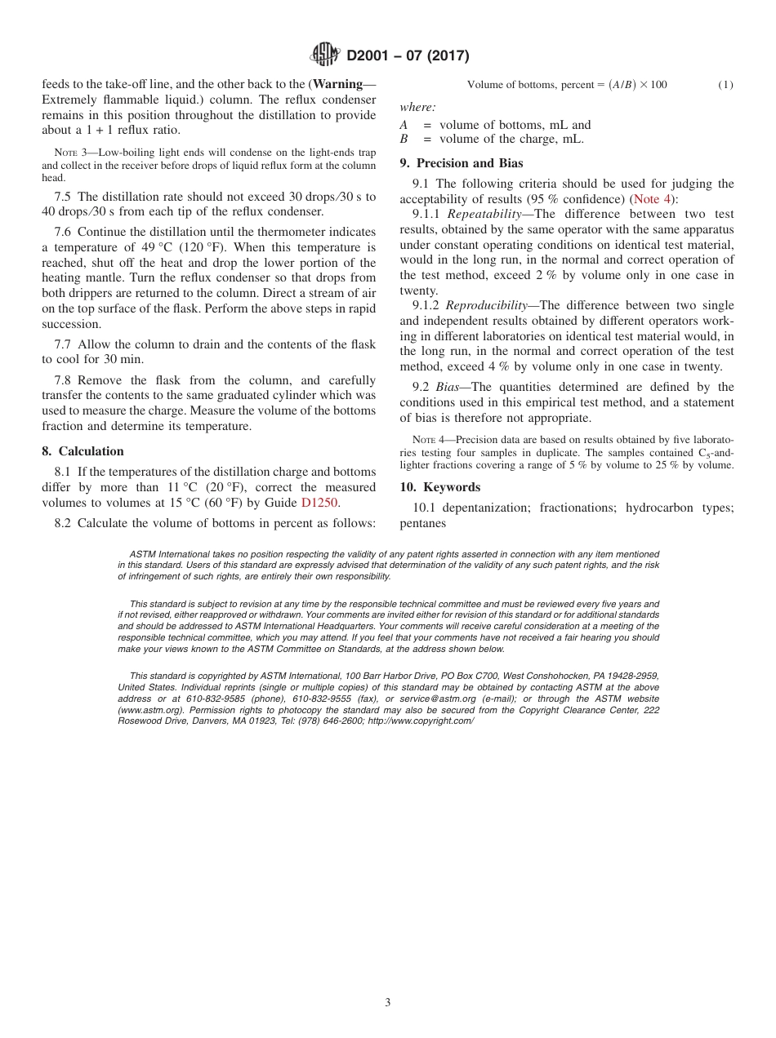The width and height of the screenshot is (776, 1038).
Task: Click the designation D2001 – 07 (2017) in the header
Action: [x=407, y=56]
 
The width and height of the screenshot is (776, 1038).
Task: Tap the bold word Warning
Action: [x=337, y=85]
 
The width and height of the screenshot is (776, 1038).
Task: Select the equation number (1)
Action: [x=725, y=85]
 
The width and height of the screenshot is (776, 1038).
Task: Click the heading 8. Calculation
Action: [x=83, y=451]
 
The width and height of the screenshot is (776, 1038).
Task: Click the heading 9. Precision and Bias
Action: [x=461, y=163]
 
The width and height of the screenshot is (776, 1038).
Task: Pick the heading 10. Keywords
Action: [x=439, y=487]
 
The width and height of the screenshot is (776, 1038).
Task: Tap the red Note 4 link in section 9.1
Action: [x=651, y=198]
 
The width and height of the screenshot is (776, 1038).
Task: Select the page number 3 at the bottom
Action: [x=388, y=1002]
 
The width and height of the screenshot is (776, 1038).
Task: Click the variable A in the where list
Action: [x=404, y=125]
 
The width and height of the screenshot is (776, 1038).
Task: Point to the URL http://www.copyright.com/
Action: [x=421, y=721]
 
